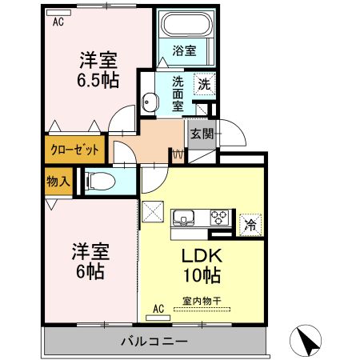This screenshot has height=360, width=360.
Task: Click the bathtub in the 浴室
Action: [x=185, y=26]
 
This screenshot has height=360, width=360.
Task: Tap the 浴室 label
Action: [x=185, y=50]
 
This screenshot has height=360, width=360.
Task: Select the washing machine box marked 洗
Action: [x=204, y=82]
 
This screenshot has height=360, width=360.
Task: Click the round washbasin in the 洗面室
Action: [x=150, y=102]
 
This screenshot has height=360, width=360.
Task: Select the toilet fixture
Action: [x=97, y=181]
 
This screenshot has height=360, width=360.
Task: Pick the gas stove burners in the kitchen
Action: [x=219, y=216]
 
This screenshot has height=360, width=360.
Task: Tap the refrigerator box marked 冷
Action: [x=250, y=225]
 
